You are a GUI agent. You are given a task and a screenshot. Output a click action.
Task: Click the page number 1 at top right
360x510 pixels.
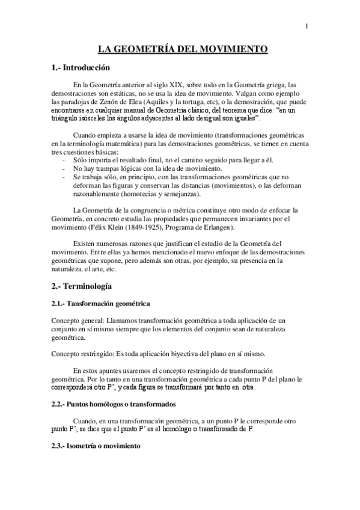307,26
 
